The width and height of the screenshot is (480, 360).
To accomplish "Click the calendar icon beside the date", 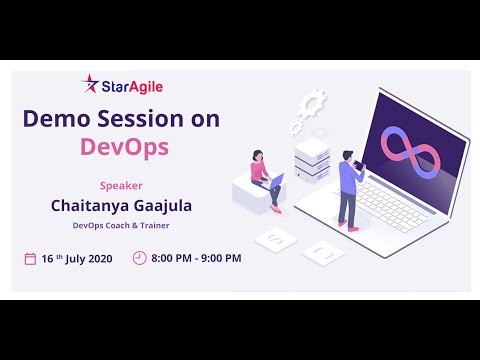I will (30, 258).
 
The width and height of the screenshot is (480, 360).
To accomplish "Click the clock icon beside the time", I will (139, 258).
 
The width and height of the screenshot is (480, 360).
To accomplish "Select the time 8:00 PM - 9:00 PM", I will (195, 258).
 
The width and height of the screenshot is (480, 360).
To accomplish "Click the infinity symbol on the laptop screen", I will (401, 147).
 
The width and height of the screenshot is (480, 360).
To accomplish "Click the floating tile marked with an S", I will (273, 239).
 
